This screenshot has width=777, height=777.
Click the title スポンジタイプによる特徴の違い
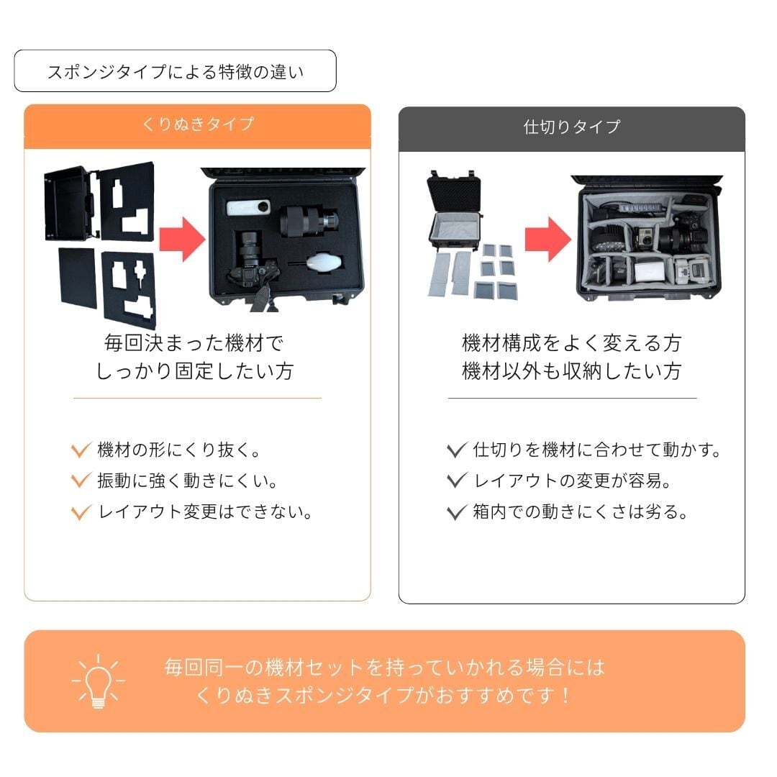tap(175, 72)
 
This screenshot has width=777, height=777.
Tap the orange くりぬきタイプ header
tap(197, 127)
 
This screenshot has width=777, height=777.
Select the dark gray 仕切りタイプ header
tap(571, 129)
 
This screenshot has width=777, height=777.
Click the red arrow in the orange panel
tap(182, 240)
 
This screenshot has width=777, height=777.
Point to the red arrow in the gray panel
tap(547, 240)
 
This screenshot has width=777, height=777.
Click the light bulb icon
tap(98, 681)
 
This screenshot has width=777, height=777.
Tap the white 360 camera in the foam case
tap(249, 207)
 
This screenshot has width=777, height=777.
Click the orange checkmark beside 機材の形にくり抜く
tap(81, 450)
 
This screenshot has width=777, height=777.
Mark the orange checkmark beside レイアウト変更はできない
tap(81, 512)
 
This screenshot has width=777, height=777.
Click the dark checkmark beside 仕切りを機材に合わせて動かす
tap(456, 450)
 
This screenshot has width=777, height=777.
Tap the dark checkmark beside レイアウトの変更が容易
tap(456, 480)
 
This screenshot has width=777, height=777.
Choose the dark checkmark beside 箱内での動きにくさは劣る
tap(456, 512)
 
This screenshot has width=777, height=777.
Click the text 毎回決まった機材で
tap(194, 343)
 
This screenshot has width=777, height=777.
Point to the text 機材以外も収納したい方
tap(572, 371)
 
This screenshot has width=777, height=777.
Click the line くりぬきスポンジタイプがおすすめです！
tap(384, 695)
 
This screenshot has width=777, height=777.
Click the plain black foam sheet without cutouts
tap(77, 278)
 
